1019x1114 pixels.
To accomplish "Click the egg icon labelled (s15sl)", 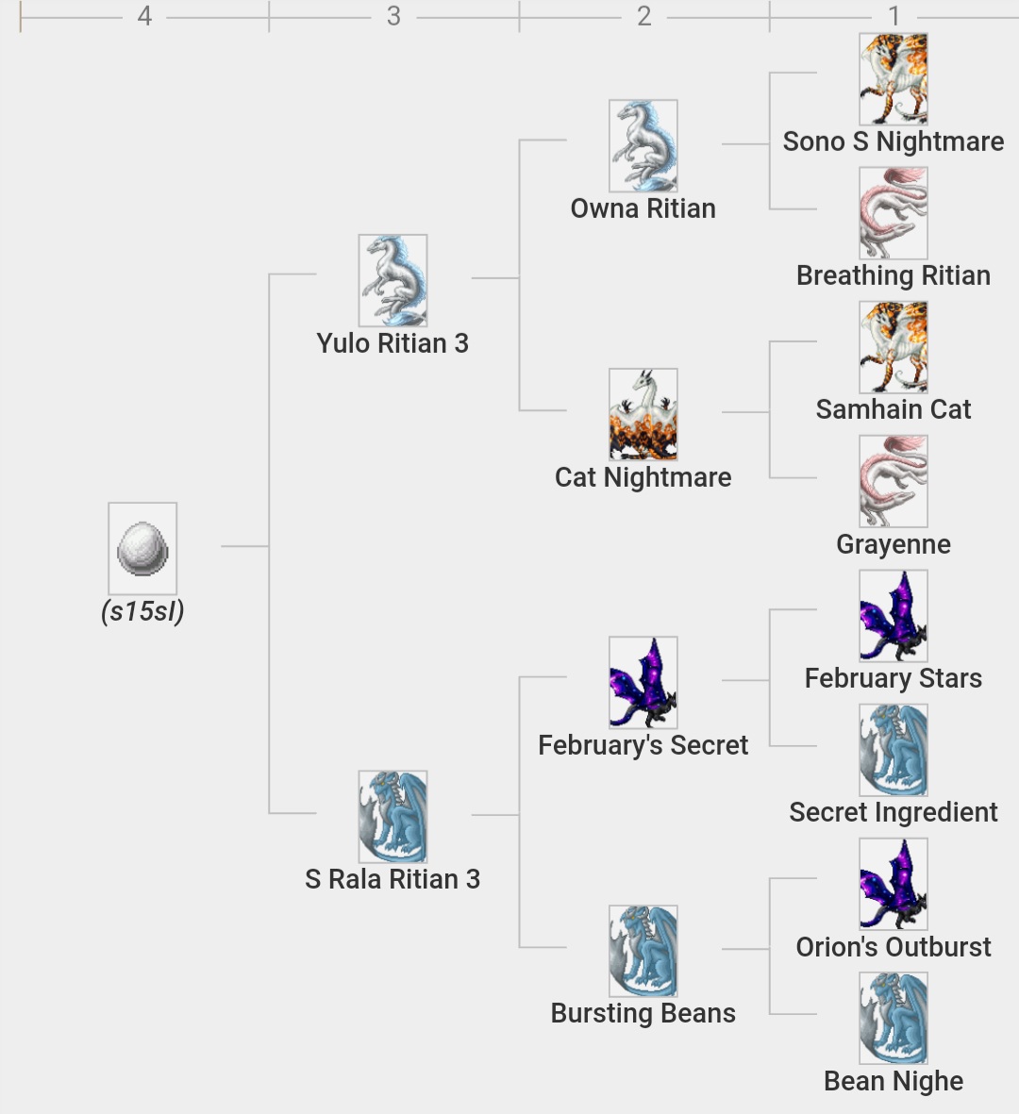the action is pyautogui.click(x=142, y=548).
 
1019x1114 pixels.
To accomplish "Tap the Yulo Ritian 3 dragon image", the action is pyautogui.click(x=393, y=280).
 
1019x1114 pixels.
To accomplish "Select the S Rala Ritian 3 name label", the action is pyautogui.click(x=393, y=879).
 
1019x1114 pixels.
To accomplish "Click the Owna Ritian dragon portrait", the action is pyautogui.click(x=643, y=145).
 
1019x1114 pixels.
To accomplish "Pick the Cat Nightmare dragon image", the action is pyautogui.click(x=643, y=414).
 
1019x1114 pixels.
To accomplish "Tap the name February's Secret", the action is pyautogui.click(x=643, y=745).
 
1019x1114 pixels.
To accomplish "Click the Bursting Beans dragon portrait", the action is pyautogui.click(x=643, y=951).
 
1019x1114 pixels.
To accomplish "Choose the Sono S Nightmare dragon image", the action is pyautogui.click(x=893, y=79).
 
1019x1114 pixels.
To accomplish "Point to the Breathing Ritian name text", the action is pyautogui.click(x=893, y=275).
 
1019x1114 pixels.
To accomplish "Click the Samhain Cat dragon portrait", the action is pyautogui.click(x=893, y=347).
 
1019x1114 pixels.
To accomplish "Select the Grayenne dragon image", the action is pyautogui.click(x=893, y=481).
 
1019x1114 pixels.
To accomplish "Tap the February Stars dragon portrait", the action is pyautogui.click(x=893, y=615).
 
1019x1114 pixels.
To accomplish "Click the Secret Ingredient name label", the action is pyautogui.click(x=893, y=812).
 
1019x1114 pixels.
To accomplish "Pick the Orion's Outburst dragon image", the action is pyautogui.click(x=893, y=884).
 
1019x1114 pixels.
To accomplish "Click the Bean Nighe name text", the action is pyautogui.click(x=893, y=1081).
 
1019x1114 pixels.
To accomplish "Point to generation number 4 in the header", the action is pyautogui.click(x=144, y=16).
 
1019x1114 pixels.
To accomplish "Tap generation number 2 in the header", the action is pyautogui.click(x=644, y=16).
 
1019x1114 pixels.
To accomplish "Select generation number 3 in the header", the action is pyautogui.click(x=393, y=16).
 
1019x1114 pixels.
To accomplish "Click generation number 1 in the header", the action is pyautogui.click(x=894, y=16).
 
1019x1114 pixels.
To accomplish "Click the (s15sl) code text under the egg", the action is pyautogui.click(x=142, y=611).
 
